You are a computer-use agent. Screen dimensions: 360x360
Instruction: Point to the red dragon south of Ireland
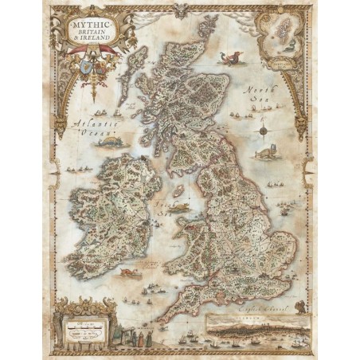coord(127,275)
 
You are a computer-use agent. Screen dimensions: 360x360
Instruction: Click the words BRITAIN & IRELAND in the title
coord(92,38)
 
